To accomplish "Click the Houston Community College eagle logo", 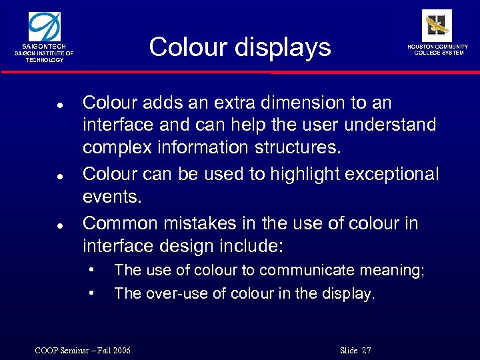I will coord(437,25).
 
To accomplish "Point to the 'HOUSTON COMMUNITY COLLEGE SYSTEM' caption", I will coord(438,49).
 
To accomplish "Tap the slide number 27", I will coord(365,351).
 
